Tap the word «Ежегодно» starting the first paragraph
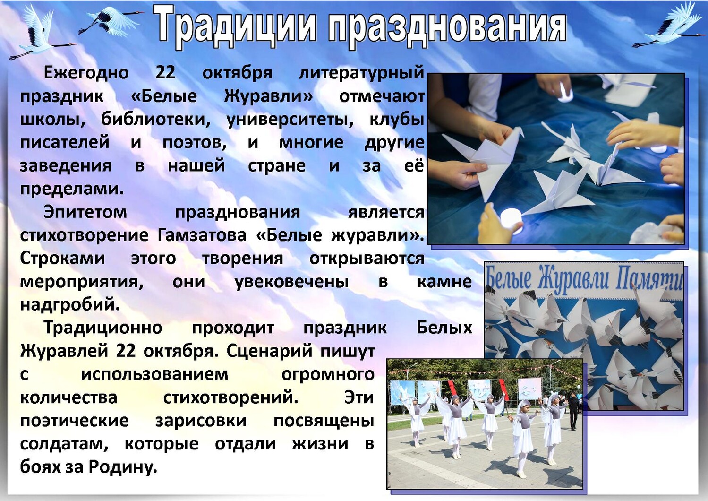point(86,73)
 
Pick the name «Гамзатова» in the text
point(202,236)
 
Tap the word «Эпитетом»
point(85,212)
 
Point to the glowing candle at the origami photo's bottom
point(512,218)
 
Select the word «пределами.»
point(71,190)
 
